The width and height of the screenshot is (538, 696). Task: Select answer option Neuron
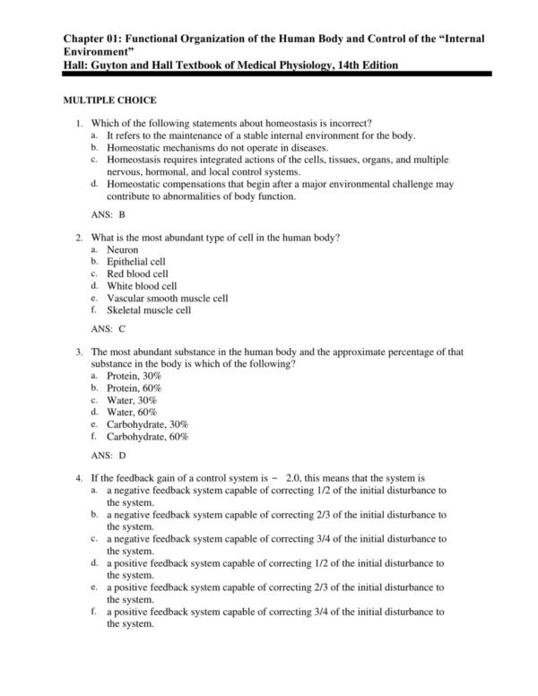pos(123,248)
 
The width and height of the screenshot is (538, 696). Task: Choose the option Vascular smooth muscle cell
pos(166,298)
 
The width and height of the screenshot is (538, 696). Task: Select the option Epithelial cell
pos(136,261)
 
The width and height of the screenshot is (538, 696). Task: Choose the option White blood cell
pos(141,286)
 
